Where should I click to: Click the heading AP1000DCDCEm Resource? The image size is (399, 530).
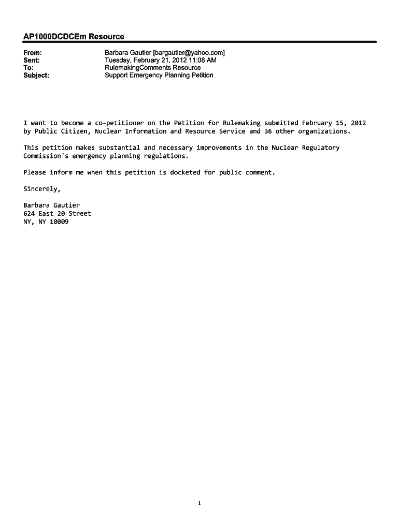point(74,37)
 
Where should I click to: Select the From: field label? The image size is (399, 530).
point(33,53)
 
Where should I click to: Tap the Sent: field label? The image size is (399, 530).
point(32,60)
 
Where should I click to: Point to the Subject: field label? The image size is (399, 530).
point(36,75)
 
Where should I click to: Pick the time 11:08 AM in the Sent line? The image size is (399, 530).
point(202,60)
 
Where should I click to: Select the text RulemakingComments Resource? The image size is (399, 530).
point(152,68)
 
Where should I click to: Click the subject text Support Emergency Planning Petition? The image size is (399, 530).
point(159,75)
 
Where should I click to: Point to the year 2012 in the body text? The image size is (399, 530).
point(358,123)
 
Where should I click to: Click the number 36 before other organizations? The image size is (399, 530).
point(268,131)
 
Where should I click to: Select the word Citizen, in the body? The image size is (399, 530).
point(76,131)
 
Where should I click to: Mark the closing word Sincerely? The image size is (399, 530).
point(42,189)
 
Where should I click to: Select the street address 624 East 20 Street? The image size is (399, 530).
point(57,214)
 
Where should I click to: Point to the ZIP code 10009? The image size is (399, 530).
point(59,222)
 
